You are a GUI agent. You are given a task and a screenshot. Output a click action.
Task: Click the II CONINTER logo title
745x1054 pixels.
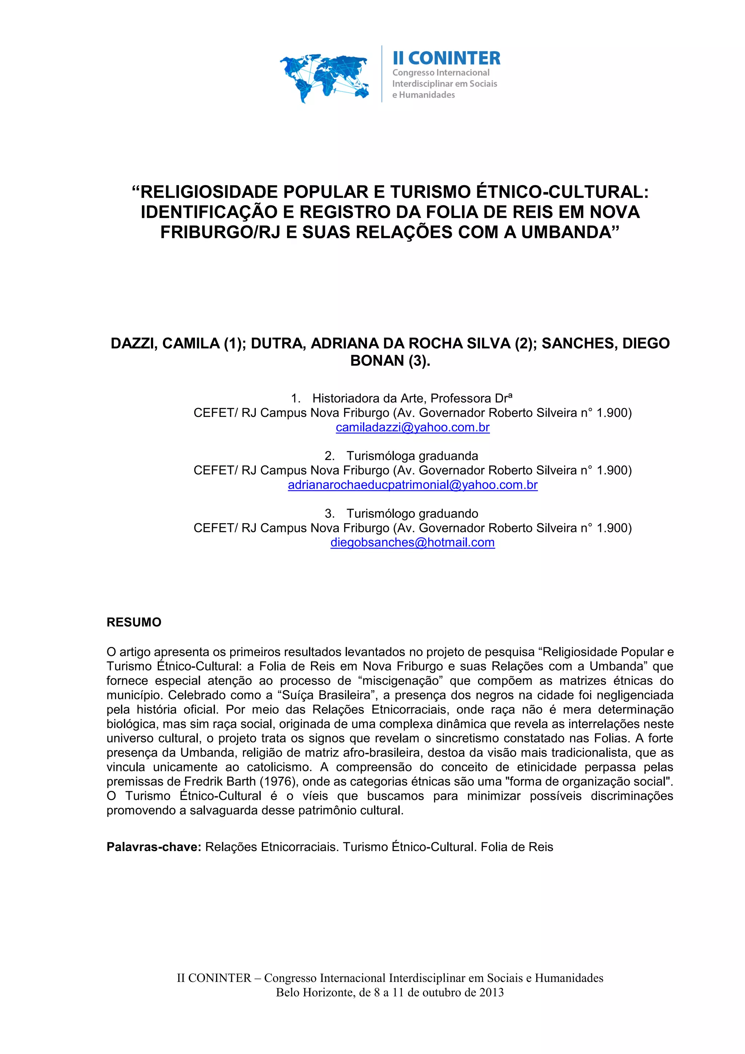pos(446,58)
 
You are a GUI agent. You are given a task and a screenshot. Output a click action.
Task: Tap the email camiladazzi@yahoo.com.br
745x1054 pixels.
pos(412,427)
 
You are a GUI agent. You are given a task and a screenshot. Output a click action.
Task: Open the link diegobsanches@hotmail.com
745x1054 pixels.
pos(412,542)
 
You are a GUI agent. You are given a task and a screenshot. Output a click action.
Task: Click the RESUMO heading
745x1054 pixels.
pos(134,622)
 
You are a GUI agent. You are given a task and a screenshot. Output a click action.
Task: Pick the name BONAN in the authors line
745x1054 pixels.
pos(377,361)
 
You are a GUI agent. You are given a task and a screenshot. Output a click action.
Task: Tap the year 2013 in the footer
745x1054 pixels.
pos(491,993)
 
